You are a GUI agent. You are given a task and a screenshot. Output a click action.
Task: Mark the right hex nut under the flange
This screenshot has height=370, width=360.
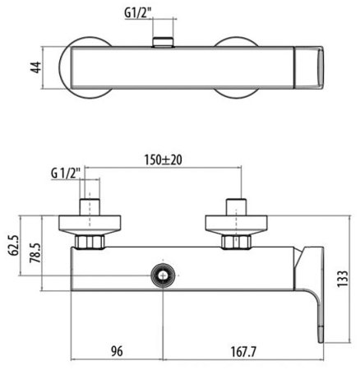pyautogui.click(x=238, y=242)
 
